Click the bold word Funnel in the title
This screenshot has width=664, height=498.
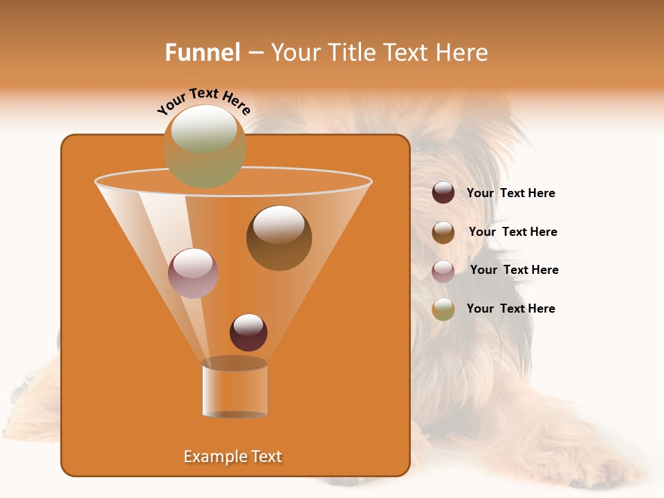coord(202,53)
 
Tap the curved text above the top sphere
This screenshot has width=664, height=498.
coord(204,101)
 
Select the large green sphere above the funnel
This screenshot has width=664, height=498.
coord(205,147)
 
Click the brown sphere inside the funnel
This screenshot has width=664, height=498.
coord(279,238)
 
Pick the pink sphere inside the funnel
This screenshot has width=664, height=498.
coord(193,273)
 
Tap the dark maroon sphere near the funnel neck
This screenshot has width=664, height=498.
coord(248,333)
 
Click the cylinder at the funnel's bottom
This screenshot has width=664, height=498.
coord(234,389)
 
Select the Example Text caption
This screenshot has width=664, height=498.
coord(233,456)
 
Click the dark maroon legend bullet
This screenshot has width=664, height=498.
coord(443,193)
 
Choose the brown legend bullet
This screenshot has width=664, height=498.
coord(443,232)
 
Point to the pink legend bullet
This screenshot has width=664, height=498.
coord(443,271)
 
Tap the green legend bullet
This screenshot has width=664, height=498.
coord(443,309)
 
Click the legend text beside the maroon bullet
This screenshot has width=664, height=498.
coord(510,194)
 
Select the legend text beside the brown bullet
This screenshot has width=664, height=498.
coord(513,232)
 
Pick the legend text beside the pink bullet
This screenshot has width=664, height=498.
coord(514,270)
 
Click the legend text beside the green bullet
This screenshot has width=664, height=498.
coord(510,309)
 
